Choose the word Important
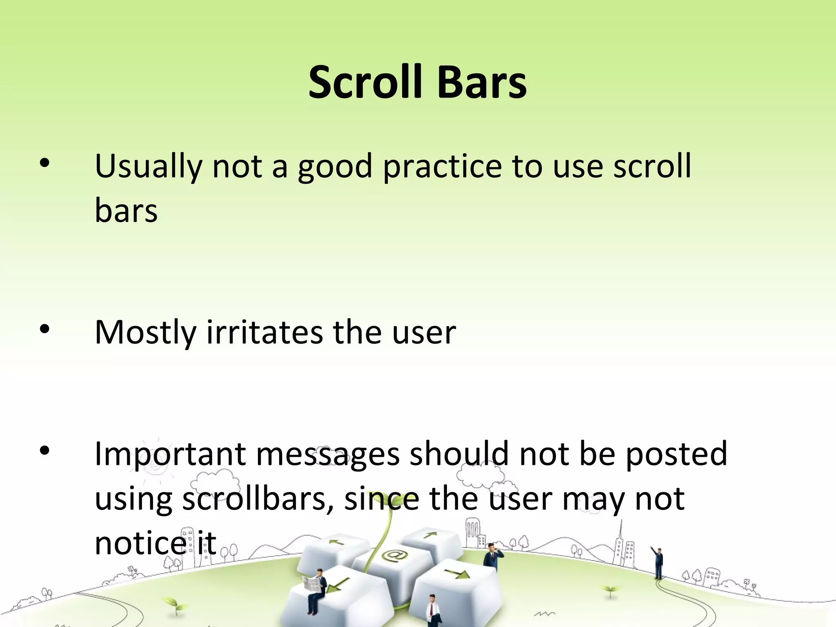(x=170, y=454)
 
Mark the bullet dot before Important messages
(x=44, y=451)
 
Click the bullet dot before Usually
(x=44, y=164)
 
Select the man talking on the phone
(x=492, y=555)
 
